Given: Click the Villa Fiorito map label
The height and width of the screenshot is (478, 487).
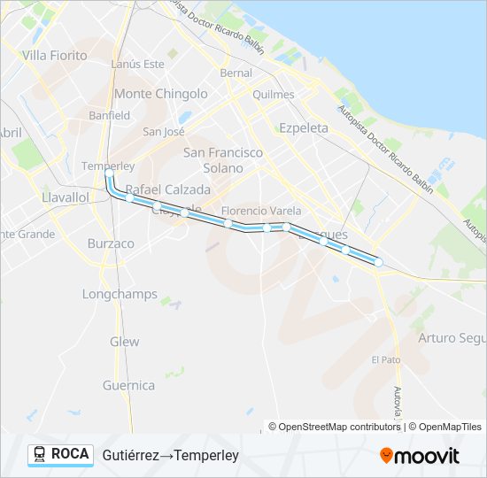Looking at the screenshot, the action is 55,56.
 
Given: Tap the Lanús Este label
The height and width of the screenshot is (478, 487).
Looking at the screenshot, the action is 139,64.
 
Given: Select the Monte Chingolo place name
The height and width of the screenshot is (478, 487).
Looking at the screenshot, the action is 161,94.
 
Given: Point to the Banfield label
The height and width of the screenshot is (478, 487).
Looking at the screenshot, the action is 109,115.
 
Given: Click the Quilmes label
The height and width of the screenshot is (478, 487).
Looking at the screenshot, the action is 273,95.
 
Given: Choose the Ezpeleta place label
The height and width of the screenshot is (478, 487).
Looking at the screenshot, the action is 303,127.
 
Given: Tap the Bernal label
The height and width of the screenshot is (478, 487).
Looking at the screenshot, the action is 236,73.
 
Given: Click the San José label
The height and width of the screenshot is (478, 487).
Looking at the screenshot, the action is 164,132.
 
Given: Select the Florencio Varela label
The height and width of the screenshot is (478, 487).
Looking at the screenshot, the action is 261,211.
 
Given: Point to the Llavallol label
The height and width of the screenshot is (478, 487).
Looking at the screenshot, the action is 66,197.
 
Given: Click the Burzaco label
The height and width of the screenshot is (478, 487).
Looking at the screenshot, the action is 111,243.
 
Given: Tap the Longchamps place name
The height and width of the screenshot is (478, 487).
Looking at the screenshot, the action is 120,294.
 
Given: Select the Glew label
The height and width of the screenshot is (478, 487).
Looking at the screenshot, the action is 125,342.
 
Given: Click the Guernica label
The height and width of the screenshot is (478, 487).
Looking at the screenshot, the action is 128,385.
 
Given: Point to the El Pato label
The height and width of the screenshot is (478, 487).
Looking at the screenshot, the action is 386,359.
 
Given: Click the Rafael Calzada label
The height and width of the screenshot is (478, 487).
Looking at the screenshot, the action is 168,189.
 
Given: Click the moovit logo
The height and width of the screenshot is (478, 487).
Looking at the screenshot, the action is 420,456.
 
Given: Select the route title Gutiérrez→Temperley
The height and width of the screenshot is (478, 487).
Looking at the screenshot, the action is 171,455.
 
